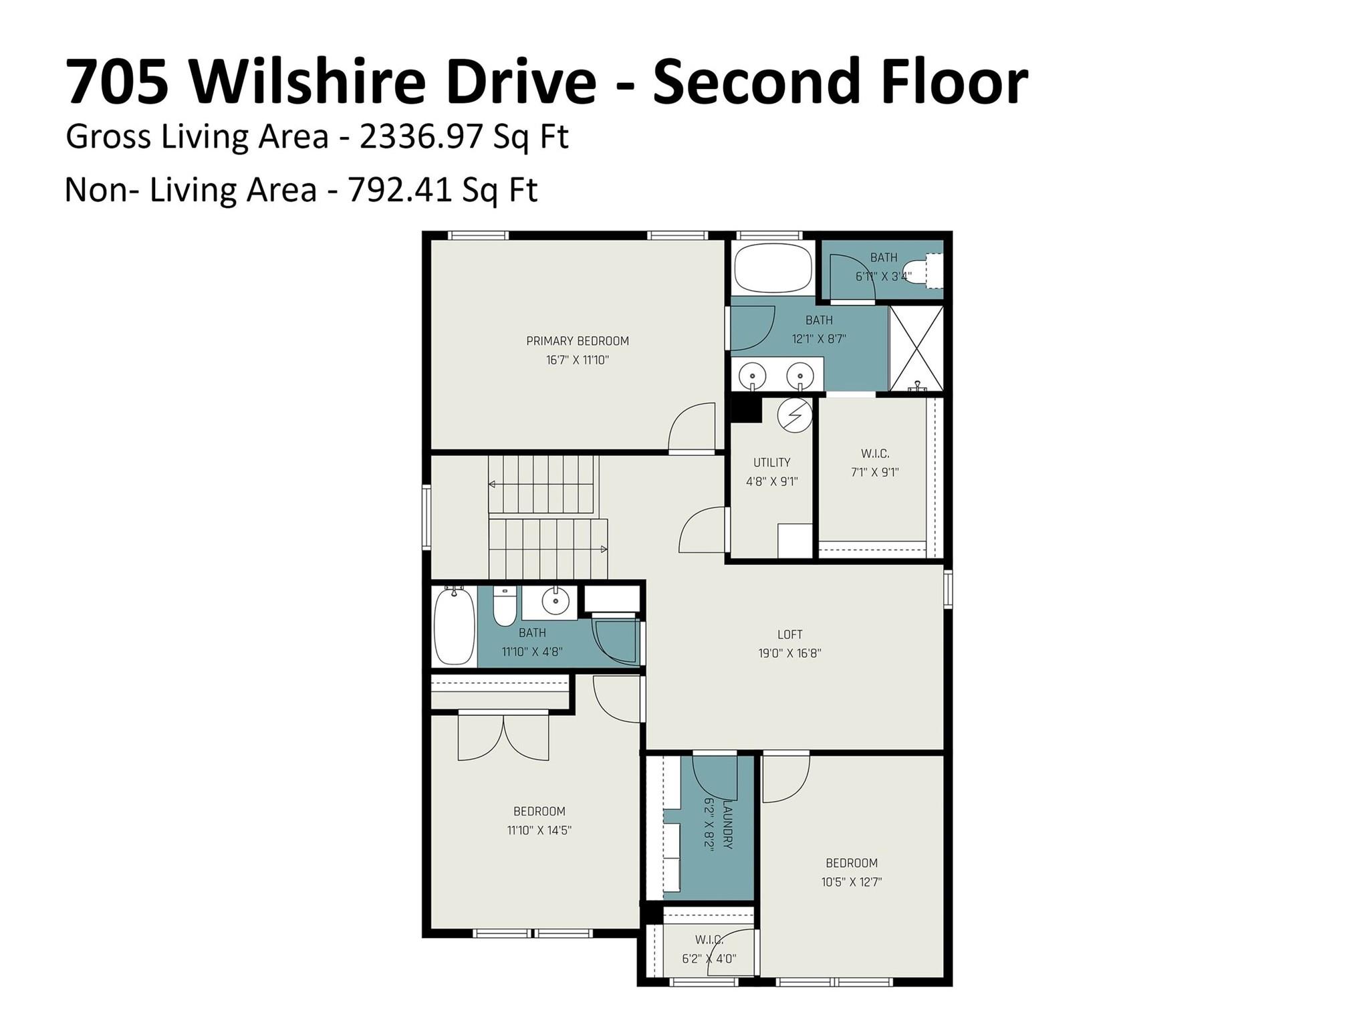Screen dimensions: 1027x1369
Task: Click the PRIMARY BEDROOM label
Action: click(577, 341)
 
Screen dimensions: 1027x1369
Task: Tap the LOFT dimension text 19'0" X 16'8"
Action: click(789, 653)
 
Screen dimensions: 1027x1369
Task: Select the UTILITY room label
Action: click(771, 462)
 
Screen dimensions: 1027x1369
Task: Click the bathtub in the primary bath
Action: click(773, 267)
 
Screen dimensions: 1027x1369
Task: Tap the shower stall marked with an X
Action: click(916, 348)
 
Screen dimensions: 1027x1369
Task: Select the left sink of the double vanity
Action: click(753, 375)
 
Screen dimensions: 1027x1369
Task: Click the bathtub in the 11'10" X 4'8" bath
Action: click(455, 626)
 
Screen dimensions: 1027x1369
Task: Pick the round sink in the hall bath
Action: click(555, 600)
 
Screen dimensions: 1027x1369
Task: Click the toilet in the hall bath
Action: click(505, 604)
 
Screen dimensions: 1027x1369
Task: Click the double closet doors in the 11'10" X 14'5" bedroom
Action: click(503, 737)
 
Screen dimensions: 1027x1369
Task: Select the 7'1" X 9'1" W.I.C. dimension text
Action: click(874, 472)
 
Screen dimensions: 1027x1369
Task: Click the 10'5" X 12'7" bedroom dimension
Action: click(851, 882)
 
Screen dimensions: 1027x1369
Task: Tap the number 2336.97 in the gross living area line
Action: click(420, 137)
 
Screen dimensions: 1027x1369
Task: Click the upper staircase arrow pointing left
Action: click(493, 484)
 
